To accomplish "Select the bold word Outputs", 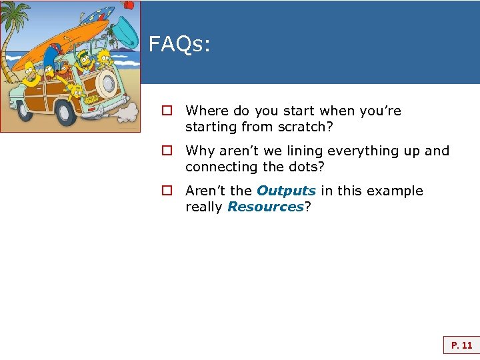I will [286, 191].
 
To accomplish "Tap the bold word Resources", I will [265, 207].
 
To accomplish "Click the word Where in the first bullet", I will [207, 111].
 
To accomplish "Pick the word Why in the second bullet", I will [199, 151].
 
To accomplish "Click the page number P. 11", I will [461, 345].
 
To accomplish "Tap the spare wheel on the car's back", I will [107, 83].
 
